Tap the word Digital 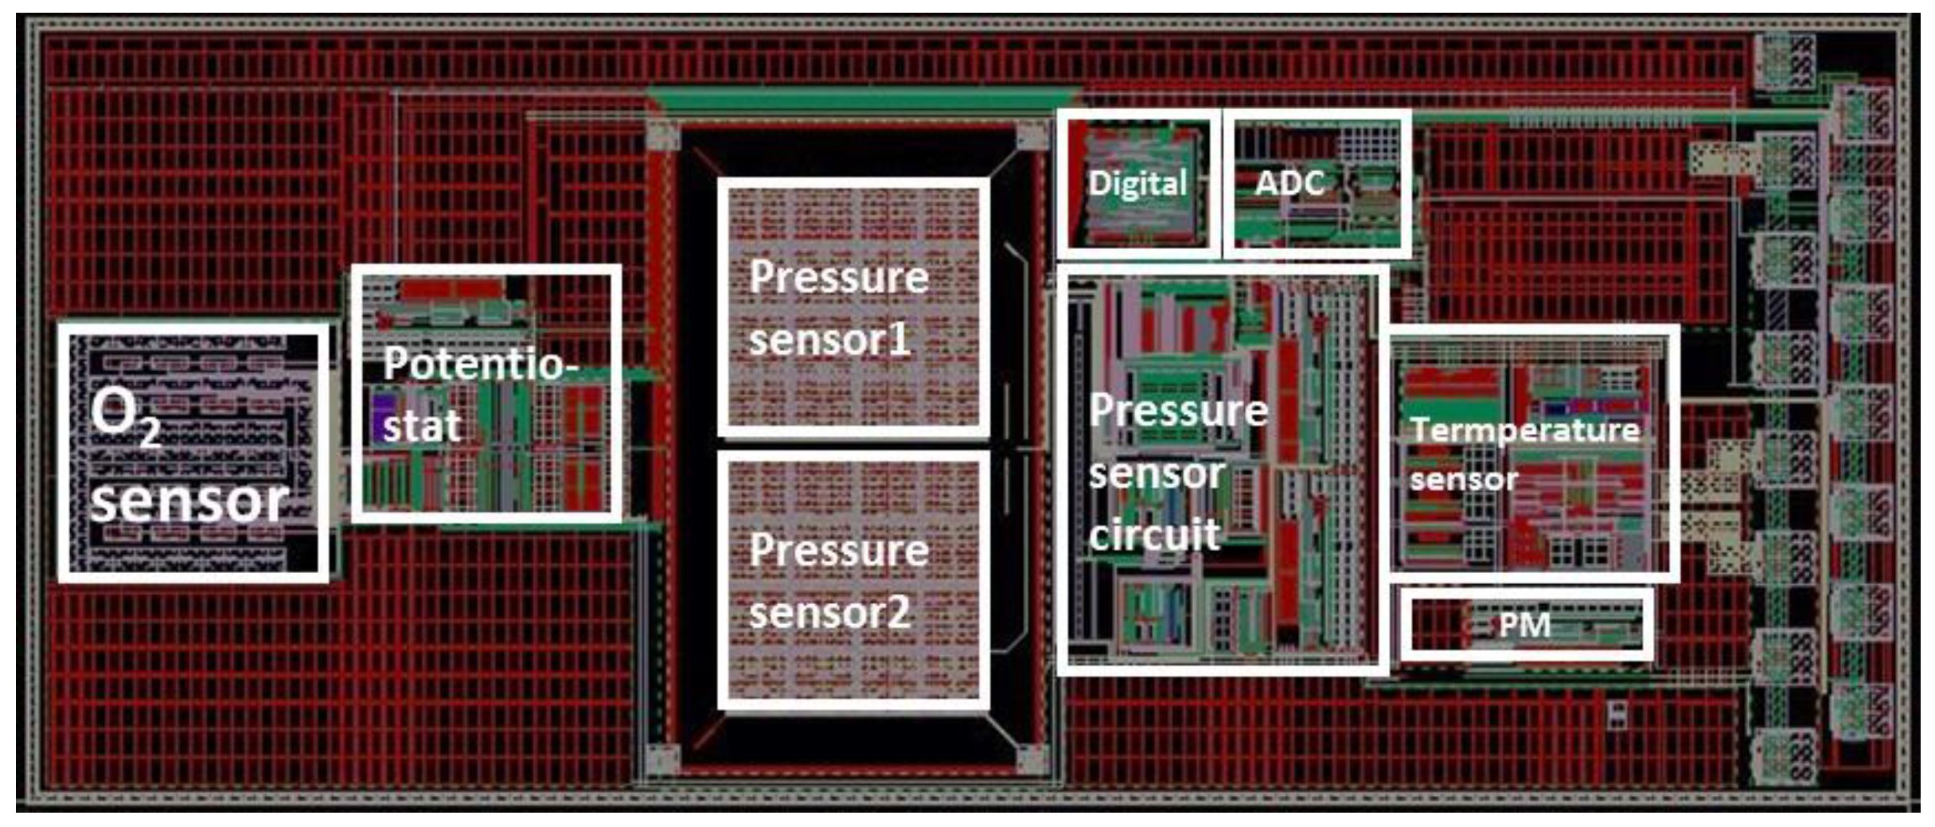coord(1137,183)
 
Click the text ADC coord(1289,183)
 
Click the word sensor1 coord(829,340)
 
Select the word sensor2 coord(829,613)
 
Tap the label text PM coord(1524,625)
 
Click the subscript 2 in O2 coord(150,434)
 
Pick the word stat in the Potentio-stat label coord(422,427)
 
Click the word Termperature coord(1524,431)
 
